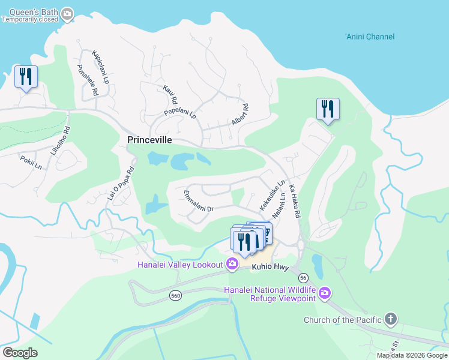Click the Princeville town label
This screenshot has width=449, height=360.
(x=149, y=140)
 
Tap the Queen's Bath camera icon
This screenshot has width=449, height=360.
(x=67, y=13)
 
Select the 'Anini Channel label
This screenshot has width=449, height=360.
(x=370, y=37)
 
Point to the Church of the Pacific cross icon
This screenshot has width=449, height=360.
(x=391, y=319)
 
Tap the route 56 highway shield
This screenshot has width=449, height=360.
(x=303, y=278)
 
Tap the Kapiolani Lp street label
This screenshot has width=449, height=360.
(x=100, y=67)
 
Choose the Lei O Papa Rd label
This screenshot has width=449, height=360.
(x=120, y=182)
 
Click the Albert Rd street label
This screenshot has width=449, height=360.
(x=240, y=115)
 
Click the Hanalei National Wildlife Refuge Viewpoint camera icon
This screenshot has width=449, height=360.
(x=325, y=293)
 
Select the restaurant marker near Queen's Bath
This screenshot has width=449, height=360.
(x=26, y=77)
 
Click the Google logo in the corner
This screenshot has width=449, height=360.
(x=20, y=353)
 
